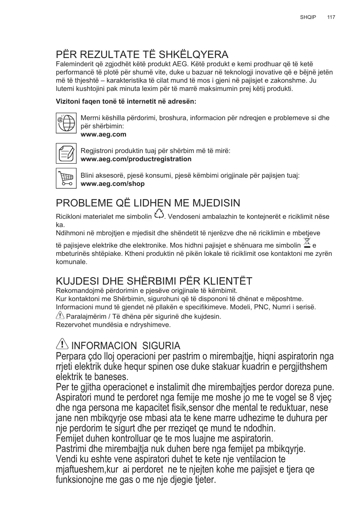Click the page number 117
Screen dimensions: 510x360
[331, 17]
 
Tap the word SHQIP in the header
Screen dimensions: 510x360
[308, 17]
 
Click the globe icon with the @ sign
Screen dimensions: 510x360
[66, 123]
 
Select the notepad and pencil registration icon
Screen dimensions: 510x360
[66, 153]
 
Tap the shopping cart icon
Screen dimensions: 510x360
[66, 178]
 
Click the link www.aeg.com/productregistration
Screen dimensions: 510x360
[136, 159]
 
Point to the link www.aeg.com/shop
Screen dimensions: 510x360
[113, 183]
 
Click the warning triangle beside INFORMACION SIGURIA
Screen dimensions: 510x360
[62, 344]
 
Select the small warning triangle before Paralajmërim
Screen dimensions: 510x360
[60, 316]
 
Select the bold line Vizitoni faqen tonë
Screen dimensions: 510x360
[126, 101]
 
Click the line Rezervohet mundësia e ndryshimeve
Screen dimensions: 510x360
[113, 325]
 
